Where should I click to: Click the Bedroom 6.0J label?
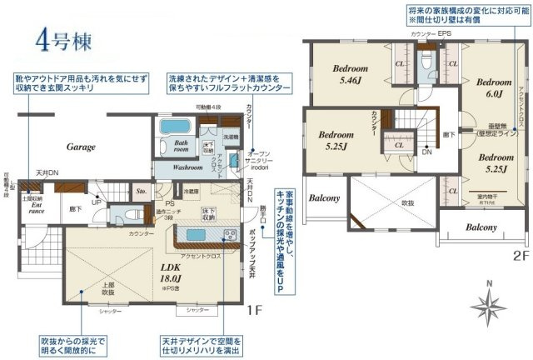click(x=493, y=89)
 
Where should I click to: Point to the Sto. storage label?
click(x=142, y=190)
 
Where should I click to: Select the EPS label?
click(x=445, y=33)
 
